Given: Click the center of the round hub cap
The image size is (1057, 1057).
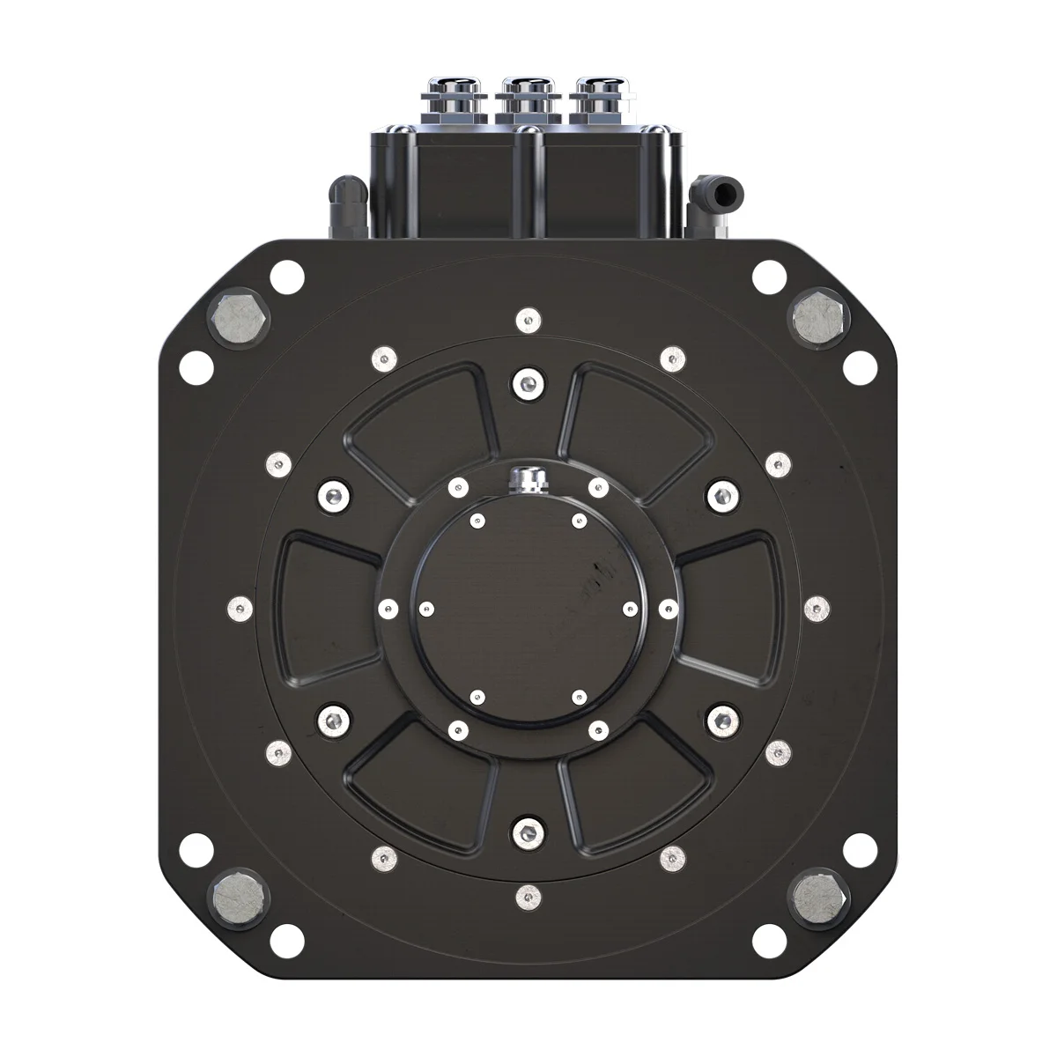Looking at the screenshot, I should [526, 609].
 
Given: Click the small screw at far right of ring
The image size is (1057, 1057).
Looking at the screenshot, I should [818, 605].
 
